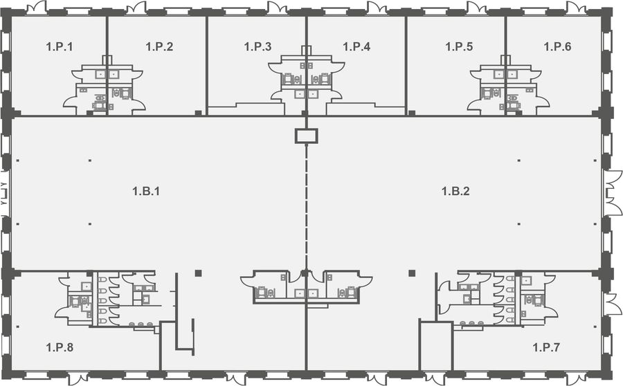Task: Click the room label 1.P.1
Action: click(x=60, y=47)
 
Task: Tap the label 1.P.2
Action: click(x=159, y=47)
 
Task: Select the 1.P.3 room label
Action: click(x=258, y=47)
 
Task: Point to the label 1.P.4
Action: click(x=356, y=47)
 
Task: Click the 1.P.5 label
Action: click(x=459, y=47)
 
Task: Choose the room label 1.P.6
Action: click(x=557, y=47)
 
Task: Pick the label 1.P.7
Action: click(x=546, y=347)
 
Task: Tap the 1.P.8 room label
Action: click(x=60, y=347)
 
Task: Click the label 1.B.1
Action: click(x=146, y=192)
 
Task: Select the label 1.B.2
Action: click(x=455, y=192)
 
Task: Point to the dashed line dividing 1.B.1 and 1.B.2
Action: click(x=307, y=207)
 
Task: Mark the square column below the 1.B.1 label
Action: click(x=198, y=273)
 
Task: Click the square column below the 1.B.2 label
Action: click(x=412, y=273)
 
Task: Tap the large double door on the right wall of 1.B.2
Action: click(x=613, y=192)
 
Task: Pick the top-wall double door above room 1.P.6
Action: click(x=576, y=8)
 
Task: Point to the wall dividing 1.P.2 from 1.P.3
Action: click(x=206, y=66)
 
